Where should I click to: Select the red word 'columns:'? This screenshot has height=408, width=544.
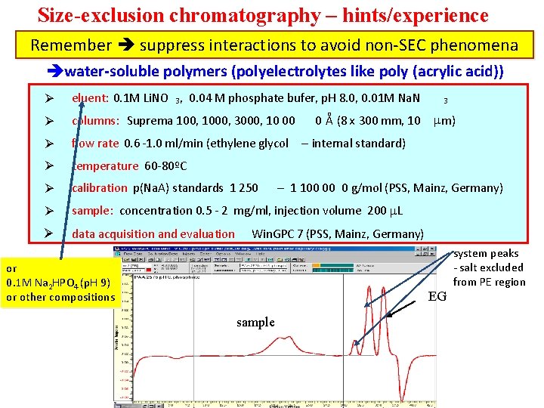pyautogui.click(x=96, y=121)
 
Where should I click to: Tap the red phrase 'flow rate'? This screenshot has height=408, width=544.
pyautogui.click(x=95, y=144)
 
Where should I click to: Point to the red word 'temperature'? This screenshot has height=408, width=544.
pyautogui.click(x=105, y=166)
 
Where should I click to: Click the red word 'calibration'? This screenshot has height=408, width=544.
pyautogui.click(x=100, y=188)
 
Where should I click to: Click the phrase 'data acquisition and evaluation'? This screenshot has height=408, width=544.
pyautogui.click(x=153, y=234)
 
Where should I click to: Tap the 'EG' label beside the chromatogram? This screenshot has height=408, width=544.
pyautogui.click(x=437, y=296)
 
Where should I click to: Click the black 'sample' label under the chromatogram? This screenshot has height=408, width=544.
pyautogui.click(x=255, y=323)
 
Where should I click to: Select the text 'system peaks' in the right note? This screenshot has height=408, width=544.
pyautogui.click(x=487, y=254)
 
